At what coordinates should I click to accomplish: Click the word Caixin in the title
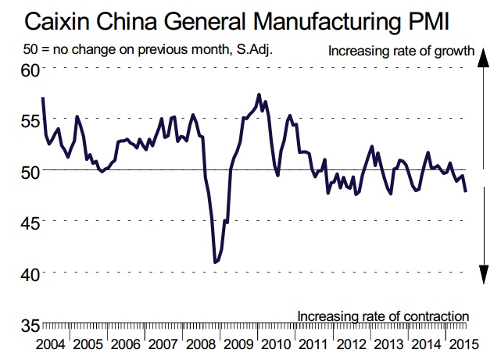pos(47,17)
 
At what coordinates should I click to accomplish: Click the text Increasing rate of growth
pos(402,52)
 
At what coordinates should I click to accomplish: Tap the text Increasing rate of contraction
pos(383,315)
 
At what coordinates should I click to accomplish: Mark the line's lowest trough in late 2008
pos(216,262)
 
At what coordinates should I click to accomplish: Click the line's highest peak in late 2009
pos(259,94)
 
